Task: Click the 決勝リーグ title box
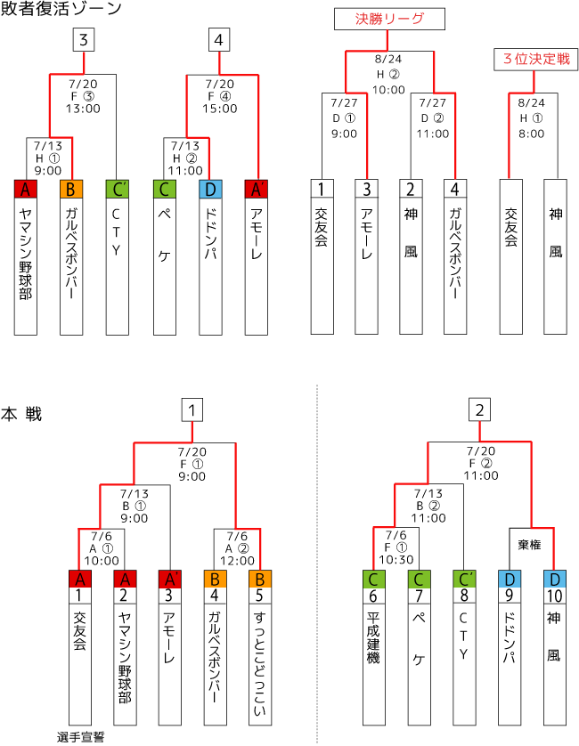389,19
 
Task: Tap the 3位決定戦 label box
535,59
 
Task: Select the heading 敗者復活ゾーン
61,9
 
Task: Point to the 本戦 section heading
21,414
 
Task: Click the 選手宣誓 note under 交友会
80,737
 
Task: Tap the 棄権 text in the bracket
529,544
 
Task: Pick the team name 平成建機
373,637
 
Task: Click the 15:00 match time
219,109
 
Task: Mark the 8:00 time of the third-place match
532,134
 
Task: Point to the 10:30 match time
396,559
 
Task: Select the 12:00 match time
237,561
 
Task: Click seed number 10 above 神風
555,596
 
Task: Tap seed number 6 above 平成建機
373,596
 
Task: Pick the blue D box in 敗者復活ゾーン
210,190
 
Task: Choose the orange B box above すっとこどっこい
260,579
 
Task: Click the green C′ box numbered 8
464,579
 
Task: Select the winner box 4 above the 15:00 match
219,40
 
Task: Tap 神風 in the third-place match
556,232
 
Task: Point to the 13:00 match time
84,109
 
